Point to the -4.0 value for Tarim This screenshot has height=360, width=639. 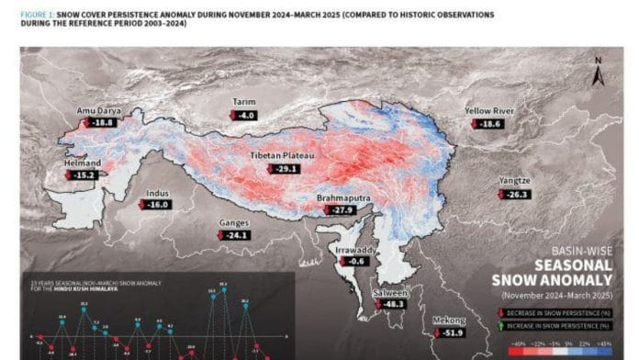(x=244, y=116)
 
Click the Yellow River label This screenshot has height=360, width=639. (x=489, y=110)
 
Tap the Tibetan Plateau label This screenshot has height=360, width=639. (x=282, y=156)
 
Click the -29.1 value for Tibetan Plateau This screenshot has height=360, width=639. (x=286, y=169)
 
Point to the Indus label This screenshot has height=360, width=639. (x=157, y=193)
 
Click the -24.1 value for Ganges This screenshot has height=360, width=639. (x=237, y=235)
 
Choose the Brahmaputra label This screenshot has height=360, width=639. (x=342, y=198)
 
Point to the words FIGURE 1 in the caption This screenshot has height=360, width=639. (x=39, y=16)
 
